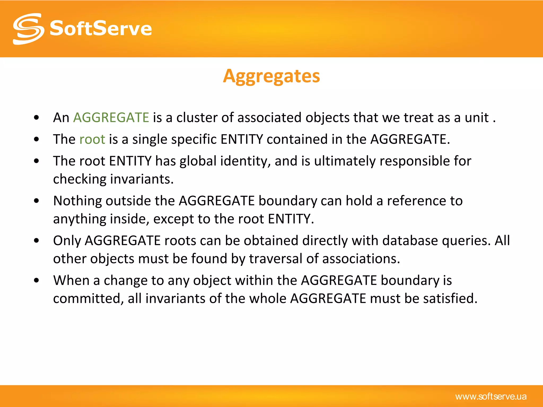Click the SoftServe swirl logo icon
(28, 29)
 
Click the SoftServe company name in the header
(101, 29)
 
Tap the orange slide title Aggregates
(271, 76)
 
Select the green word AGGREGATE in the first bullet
(111, 117)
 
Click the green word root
(92, 139)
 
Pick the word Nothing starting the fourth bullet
(77, 201)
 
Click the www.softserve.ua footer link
(491, 397)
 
